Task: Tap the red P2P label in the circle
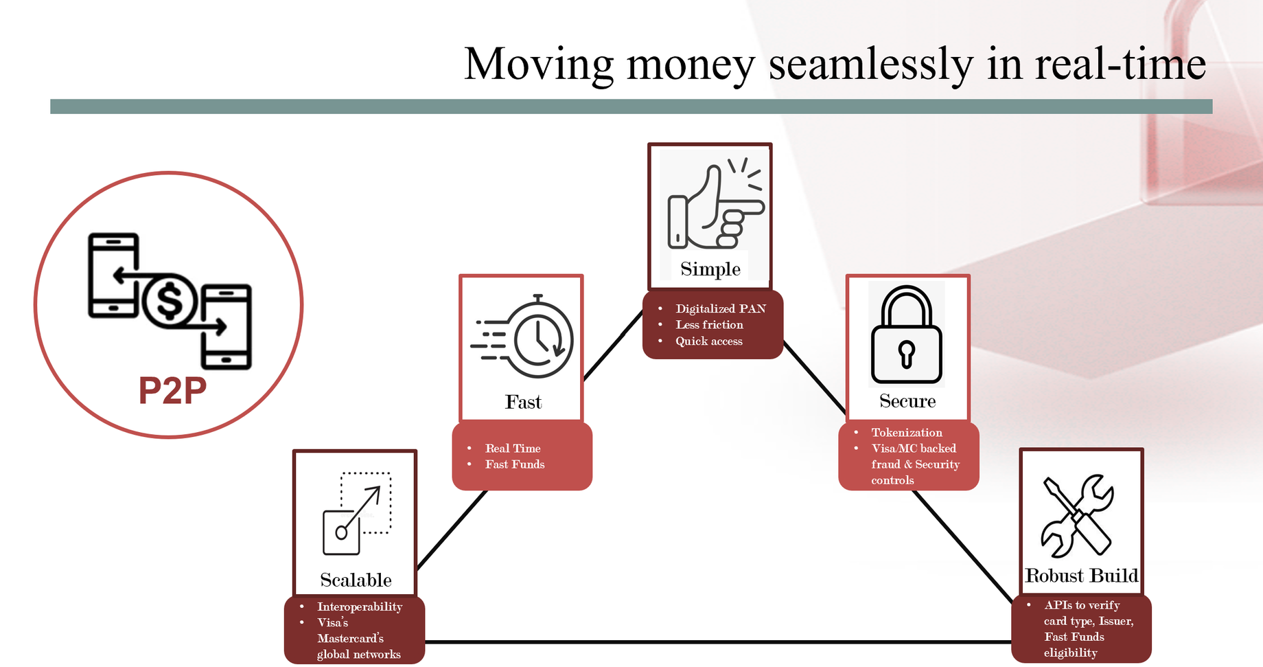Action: (172, 390)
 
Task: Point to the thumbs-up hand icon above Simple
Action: (716, 204)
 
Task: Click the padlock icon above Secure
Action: (906, 335)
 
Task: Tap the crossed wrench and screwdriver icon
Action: (1077, 515)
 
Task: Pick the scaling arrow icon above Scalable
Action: (357, 513)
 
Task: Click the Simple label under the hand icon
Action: (710, 269)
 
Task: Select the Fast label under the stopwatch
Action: (523, 402)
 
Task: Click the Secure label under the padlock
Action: (907, 401)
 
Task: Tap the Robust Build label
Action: (1081, 576)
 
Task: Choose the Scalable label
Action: (356, 580)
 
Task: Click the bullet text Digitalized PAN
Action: (721, 308)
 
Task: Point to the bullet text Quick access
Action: (709, 341)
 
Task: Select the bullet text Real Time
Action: (513, 448)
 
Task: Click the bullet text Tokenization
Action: (907, 432)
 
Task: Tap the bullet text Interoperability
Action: (360, 607)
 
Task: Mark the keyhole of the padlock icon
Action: (907, 354)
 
